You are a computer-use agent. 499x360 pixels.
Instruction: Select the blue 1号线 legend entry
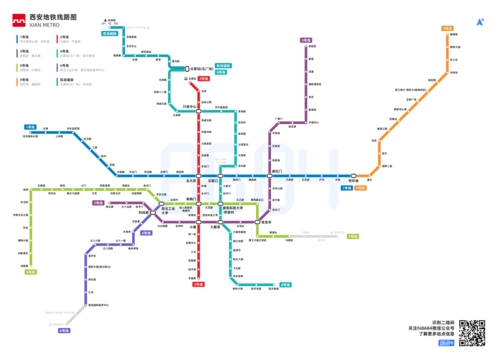pos(23,37)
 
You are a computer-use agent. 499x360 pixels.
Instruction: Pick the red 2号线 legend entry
pos(64,37)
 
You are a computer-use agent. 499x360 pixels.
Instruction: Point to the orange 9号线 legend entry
pos(23,79)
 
